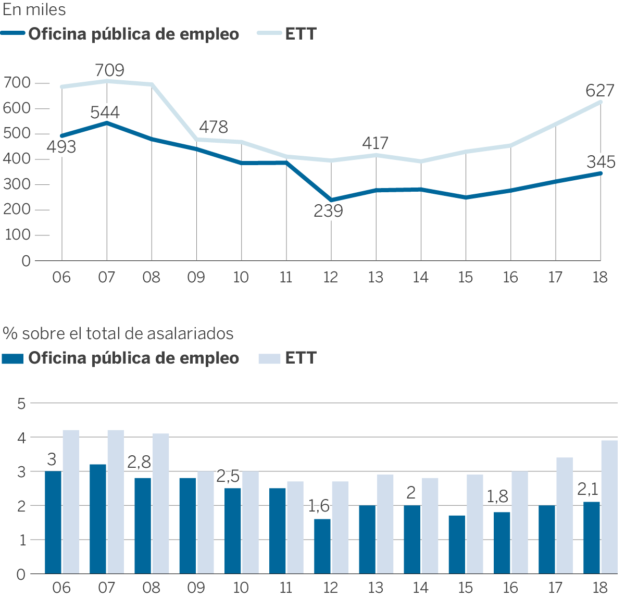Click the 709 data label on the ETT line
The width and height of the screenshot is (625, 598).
point(110,70)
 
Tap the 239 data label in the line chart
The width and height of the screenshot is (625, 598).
point(329,211)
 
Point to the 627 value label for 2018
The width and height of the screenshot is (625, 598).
point(600,91)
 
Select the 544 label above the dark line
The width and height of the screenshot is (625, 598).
point(105,113)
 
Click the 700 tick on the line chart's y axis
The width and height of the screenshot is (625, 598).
point(17,83)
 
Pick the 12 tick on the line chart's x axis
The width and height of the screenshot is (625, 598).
point(331,277)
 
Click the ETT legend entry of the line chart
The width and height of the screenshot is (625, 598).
point(287,34)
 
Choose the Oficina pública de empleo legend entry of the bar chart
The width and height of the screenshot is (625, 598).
point(121,358)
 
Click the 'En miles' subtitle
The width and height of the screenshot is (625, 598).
point(34,10)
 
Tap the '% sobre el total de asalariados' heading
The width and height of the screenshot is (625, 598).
point(118,333)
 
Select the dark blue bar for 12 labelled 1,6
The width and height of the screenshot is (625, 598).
point(322,546)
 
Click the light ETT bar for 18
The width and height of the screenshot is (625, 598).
point(609,507)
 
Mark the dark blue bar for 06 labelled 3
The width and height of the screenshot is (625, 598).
point(53,522)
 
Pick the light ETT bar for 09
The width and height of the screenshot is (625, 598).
point(206,522)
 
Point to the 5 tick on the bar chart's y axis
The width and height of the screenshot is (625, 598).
point(21,404)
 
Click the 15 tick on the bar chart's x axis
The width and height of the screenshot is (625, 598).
point(465,588)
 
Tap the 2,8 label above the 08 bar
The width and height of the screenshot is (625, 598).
point(140,462)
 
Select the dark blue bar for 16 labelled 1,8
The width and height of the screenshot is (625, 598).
point(502,543)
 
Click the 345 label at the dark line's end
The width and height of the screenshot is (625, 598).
point(601,162)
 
